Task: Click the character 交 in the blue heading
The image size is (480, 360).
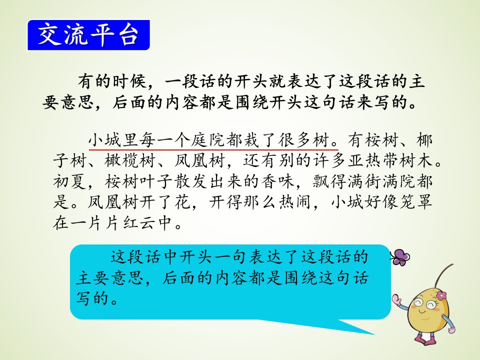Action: (49, 34)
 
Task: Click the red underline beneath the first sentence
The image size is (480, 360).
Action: (213, 149)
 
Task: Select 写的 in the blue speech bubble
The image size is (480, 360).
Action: (92, 298)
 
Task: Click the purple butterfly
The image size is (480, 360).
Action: (400, 257)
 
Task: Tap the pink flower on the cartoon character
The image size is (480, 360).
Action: (441, 295)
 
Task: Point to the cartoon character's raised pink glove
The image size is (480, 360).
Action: (397, 299)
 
